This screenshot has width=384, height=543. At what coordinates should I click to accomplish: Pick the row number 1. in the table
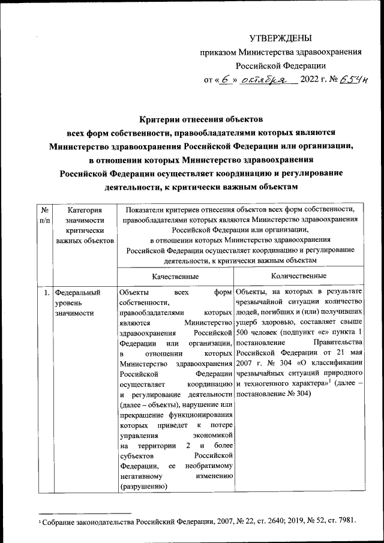tap(46, 292)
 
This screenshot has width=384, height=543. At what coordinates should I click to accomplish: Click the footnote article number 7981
tap(347, 523)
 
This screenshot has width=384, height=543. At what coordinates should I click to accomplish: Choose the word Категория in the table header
tap(85, 210)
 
